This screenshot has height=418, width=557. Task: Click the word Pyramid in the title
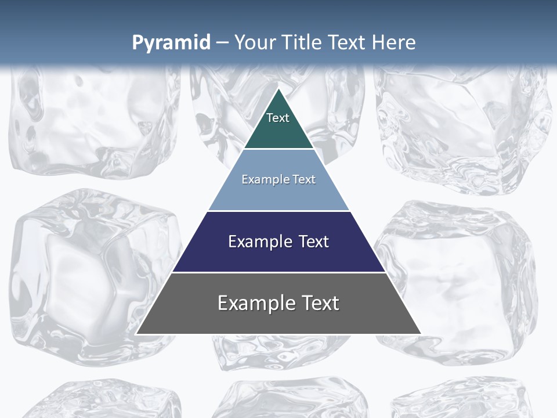tap(171, 43)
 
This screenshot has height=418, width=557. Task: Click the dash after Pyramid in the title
tap(222, 43)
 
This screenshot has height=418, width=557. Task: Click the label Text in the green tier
tap(278, 118)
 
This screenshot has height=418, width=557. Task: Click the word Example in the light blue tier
tap(263, 179)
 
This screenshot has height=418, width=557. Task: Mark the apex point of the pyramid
tap(279, 89)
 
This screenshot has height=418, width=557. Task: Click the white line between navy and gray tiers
tap(278, 272)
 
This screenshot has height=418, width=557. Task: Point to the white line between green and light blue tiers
tap(278, 149)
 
